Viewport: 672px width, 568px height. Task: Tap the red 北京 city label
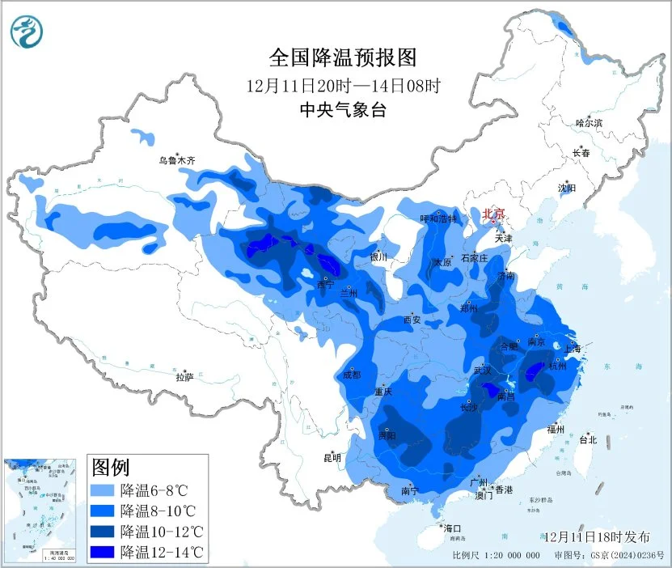493,214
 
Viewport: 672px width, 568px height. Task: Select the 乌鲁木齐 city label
176,161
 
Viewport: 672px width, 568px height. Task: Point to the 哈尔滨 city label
589,123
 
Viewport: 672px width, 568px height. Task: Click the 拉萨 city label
184,377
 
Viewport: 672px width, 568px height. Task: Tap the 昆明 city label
332,457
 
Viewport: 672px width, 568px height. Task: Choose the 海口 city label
452,528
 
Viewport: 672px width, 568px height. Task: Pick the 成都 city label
350,375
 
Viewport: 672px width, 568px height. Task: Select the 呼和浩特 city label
438,218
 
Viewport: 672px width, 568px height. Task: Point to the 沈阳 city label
567,188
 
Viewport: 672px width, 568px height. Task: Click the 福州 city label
555,429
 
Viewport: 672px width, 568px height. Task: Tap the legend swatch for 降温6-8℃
103,490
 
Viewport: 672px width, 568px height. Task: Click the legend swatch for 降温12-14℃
103,553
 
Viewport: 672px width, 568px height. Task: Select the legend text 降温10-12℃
162,532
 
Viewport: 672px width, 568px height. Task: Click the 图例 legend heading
111,467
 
